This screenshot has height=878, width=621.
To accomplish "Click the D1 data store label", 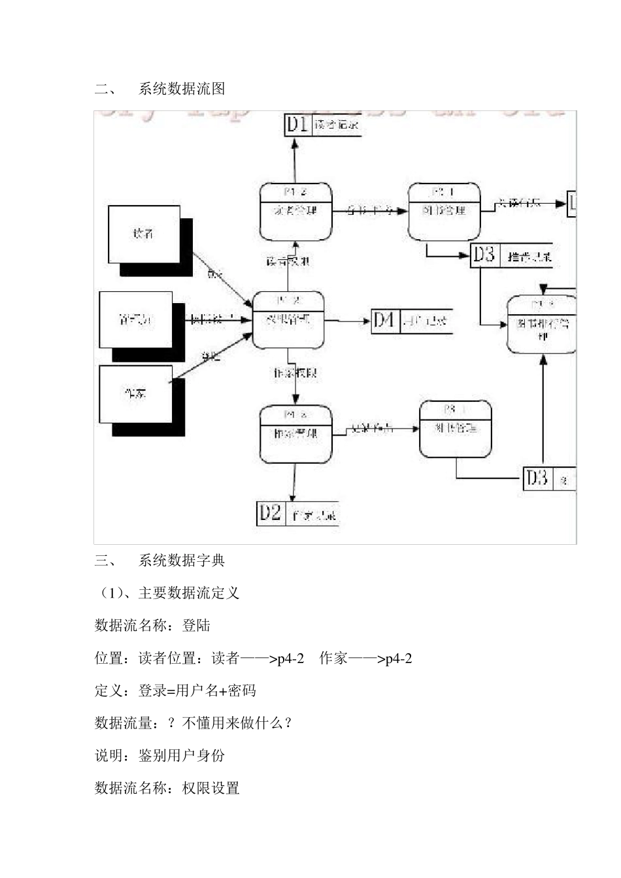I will (x=298, y=124).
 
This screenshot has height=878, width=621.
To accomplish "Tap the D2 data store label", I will (x=270, y=513).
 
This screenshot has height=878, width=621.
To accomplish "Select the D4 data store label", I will (x=384, y=320).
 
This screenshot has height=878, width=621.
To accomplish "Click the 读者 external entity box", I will (x=143, y=234).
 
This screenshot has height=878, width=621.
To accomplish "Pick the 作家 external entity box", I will (x=135, y=394).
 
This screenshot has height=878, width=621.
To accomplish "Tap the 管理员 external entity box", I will (x=136, y=319).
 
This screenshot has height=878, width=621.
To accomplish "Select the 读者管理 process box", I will (x=295, y=212).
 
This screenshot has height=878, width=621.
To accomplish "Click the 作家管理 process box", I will (x=295, y=434).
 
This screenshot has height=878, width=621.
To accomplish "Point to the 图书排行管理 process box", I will (x=542, y=325).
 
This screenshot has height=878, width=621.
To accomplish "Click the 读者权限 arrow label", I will (x=288, y=261).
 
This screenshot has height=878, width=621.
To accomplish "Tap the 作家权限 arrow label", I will (x=295, y=373).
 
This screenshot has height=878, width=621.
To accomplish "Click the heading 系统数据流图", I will (x=182, y=89).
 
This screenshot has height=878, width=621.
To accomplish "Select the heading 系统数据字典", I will (x=182, y=560).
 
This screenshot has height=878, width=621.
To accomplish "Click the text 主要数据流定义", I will (x=189, y=593).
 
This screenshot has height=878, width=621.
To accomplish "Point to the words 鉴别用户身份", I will (x=182, y=756).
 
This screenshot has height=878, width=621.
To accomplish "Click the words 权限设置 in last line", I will (x=210, y=789).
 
